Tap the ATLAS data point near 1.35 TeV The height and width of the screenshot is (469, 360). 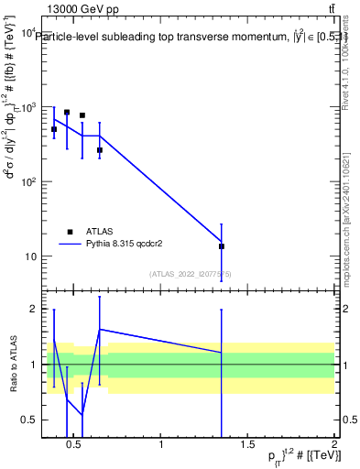[x=222, y=246]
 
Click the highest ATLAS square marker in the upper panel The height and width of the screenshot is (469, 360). [x=67, y=112]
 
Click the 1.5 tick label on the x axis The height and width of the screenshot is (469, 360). [x=247, y=445]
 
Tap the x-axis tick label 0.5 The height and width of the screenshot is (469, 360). [x=76, y=445]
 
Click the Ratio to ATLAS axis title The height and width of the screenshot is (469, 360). [x=12, y=365]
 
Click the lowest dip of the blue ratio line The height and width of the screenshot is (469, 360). [x=82, y=414]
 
